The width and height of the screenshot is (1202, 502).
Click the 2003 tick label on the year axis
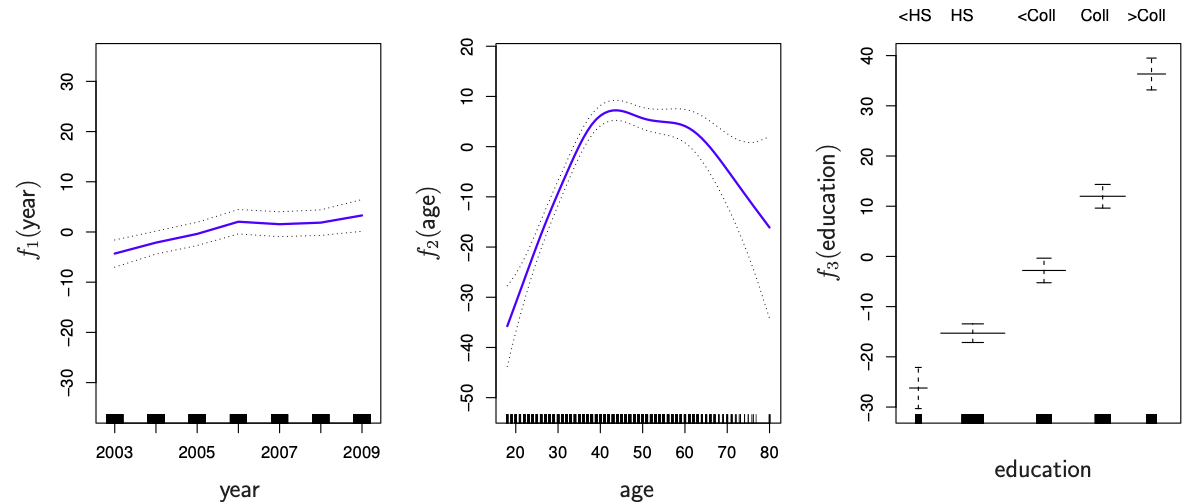point(114,451)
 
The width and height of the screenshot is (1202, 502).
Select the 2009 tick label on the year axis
point(361,451)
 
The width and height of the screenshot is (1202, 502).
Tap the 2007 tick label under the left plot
point(279,451)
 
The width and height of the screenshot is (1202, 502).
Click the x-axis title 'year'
point(239,489)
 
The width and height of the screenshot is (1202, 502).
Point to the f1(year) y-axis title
point(30,219)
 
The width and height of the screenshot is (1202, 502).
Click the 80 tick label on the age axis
point(769,451)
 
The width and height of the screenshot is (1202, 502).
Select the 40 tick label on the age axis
point(600,451)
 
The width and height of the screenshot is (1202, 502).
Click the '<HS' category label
point(914,16)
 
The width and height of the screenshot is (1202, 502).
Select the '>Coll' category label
point(1146,16)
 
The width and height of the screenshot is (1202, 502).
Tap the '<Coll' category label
point(1036,16)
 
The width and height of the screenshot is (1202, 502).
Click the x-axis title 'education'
point(1042,469)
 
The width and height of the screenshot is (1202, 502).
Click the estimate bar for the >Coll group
point(1151,74)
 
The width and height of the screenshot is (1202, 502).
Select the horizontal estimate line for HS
point(972,333)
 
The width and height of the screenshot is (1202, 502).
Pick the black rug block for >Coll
point(1151,418)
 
